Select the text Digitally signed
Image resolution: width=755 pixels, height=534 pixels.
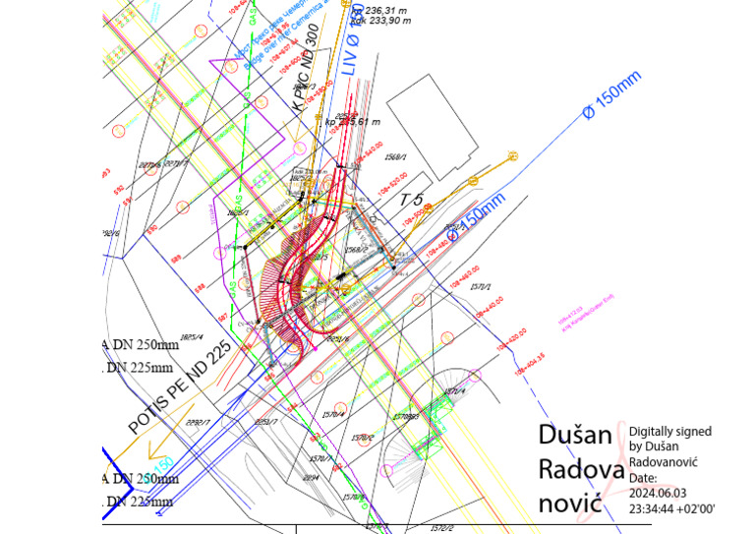point(670,431)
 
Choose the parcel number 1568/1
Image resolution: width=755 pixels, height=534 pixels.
point(397,155)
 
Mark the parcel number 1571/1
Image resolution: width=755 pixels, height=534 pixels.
point(480,286)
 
